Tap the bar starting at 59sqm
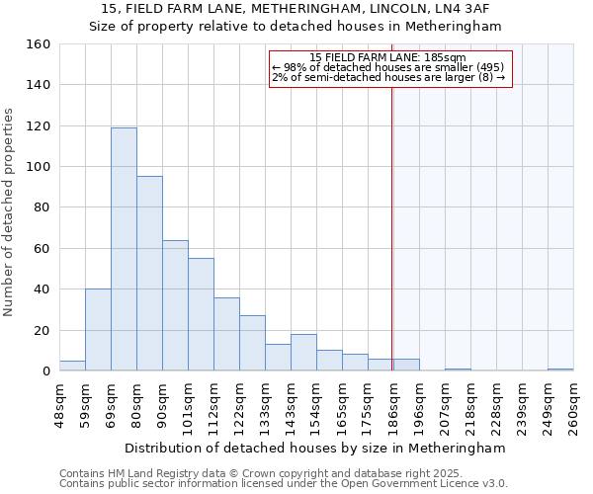(98, 330)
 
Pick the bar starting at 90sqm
(175, 305)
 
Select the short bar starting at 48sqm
(72, 366)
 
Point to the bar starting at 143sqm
(303, 353)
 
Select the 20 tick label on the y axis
(42, 330)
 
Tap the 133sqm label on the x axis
(265, 406)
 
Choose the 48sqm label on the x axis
(59, 406)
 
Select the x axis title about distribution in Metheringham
(315, 448)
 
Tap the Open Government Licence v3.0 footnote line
(284, 483)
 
